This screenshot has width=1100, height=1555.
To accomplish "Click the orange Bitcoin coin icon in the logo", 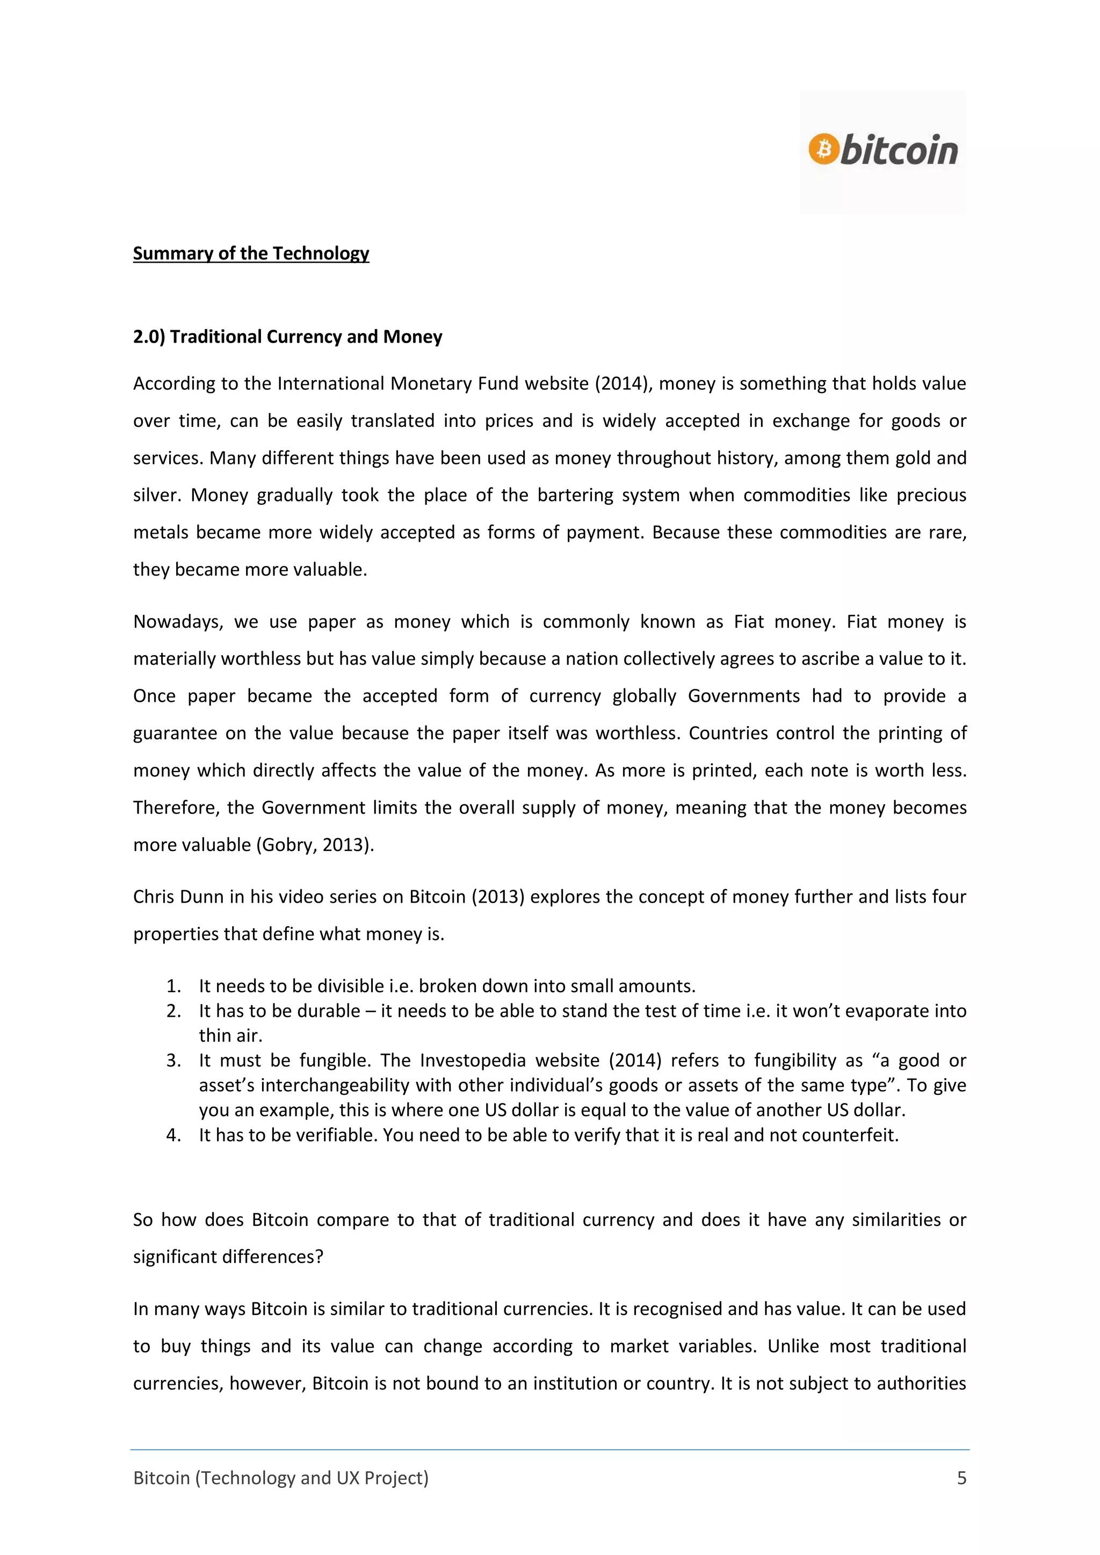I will pos(823,149).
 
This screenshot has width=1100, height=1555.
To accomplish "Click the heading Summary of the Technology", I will pos(251,253).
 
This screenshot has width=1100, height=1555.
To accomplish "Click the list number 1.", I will pos(173,986).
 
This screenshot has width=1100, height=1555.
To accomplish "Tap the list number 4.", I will pos(173,1135).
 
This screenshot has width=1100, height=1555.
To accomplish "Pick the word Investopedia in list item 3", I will pos(472,1060).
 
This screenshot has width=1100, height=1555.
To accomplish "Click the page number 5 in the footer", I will pos(961,1478).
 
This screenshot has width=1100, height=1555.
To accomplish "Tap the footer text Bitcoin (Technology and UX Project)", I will pos(280,1478).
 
